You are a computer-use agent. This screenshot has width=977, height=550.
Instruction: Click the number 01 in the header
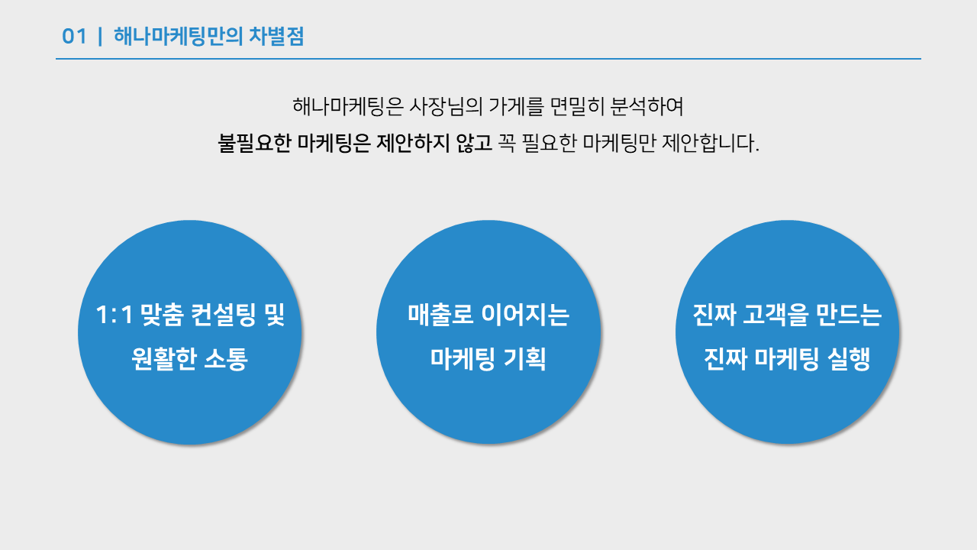click(x=74, y=37)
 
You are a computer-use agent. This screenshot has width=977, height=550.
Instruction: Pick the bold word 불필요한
click(x=254, y=143)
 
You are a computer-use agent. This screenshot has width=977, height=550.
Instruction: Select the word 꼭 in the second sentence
click(x=507, y=143)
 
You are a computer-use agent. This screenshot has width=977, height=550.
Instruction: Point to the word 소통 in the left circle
click(x=226, y=359)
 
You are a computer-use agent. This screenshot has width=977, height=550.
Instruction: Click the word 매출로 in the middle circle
click(x=436, y=315)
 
